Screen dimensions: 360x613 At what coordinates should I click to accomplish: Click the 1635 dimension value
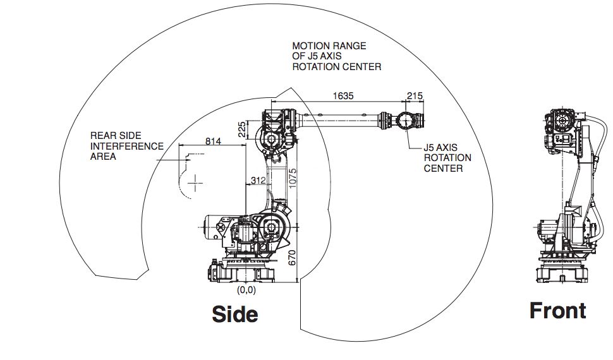tap(343, 95)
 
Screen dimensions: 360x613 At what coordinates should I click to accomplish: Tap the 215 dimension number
tap(415, 95)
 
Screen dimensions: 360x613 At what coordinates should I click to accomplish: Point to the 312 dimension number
tap(258, 181)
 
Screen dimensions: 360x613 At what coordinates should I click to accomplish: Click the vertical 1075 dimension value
tap(292, 181)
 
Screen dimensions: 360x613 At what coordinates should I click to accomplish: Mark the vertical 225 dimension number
tap(241, 129)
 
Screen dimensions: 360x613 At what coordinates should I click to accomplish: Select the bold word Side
tap(235, 313)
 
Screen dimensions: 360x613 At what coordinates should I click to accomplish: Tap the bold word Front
tap(557, 311)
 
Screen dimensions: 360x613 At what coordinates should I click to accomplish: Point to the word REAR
tap(102, 135)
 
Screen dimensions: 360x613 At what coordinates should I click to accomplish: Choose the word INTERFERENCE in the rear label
tap(126, 146)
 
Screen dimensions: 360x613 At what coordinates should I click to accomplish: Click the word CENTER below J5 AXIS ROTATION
tap(443, 169)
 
